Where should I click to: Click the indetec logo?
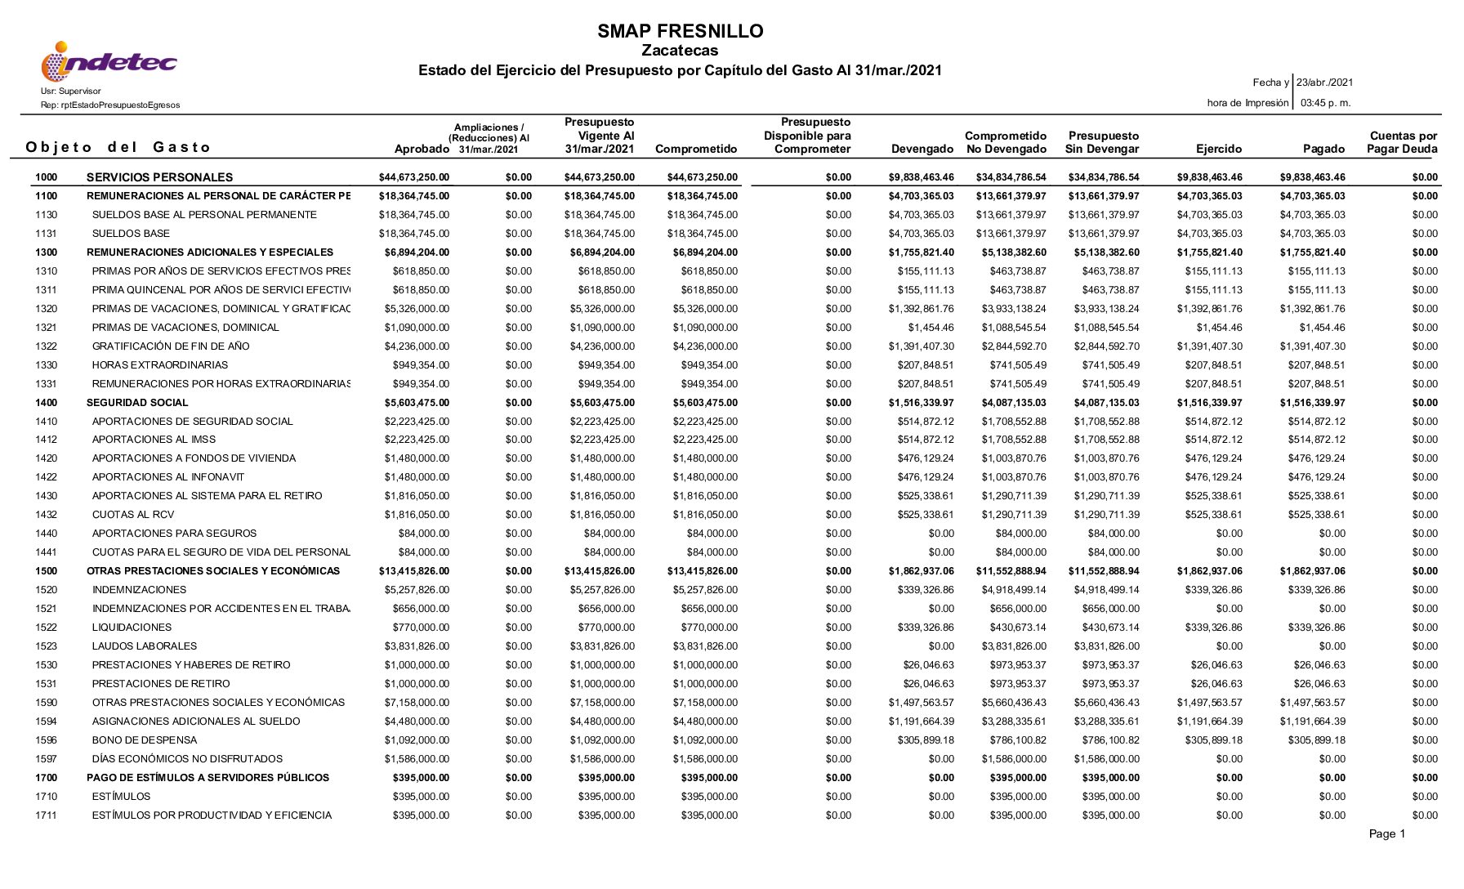click(109, 62)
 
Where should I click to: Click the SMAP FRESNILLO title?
click(680, 32)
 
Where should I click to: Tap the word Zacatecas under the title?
click(680, 51)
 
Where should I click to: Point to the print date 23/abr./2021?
click(1324, 83)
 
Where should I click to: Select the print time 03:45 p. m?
click(1325, 103)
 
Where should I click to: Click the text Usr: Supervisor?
click(71, 92)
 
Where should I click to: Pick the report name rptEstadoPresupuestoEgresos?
click(110, 105)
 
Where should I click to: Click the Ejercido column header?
click(1218, 150)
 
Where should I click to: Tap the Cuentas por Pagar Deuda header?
click(1403, 143)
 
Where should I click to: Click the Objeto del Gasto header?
click(118, 148)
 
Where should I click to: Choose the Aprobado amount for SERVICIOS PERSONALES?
click(414, 177)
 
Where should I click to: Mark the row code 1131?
click(47, 234)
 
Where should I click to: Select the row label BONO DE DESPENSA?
click(145, 740)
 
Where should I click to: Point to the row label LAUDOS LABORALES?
click(145, 646)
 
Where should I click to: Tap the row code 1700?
click(47, 778)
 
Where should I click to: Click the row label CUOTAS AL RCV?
click(132, 515)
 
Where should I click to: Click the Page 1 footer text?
click(1386, 834)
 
